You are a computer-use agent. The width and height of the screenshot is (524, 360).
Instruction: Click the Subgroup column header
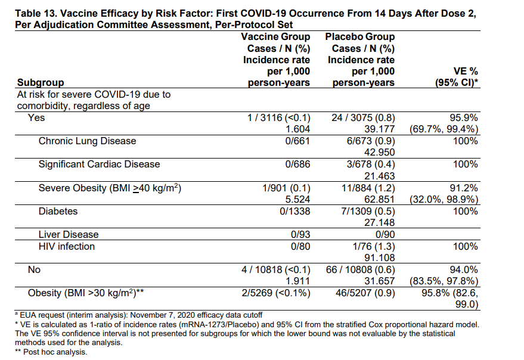tap(41, 83)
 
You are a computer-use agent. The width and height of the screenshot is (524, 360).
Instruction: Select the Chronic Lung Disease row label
tap(87, 141)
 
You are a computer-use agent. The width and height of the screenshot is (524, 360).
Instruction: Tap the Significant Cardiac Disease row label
tap(99, 164)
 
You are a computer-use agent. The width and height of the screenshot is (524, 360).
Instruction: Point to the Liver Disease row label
tap(69, 235)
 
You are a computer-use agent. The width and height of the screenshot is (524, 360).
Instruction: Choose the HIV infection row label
tap(66, 246)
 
